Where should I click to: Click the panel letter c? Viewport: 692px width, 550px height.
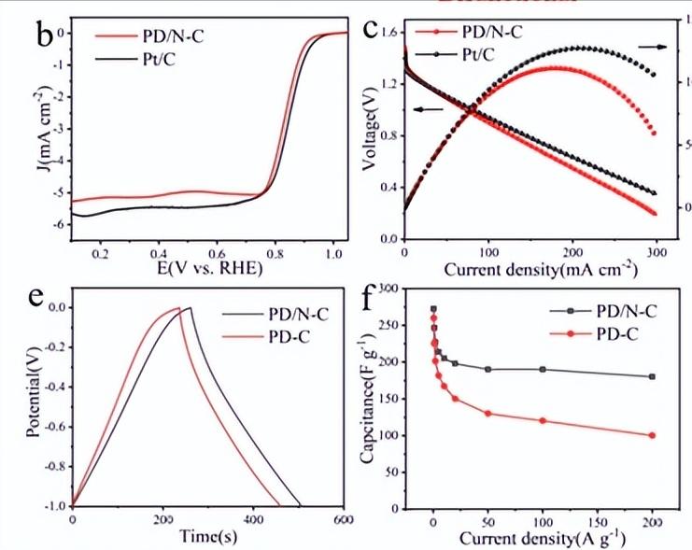point(371,30)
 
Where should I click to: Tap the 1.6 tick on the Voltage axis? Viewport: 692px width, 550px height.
point(386,33)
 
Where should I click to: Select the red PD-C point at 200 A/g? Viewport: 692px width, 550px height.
point(652,435)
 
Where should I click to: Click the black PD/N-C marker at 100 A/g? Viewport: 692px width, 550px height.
point(543,369)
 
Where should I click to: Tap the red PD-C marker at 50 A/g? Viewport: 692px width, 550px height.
point(487,414)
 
